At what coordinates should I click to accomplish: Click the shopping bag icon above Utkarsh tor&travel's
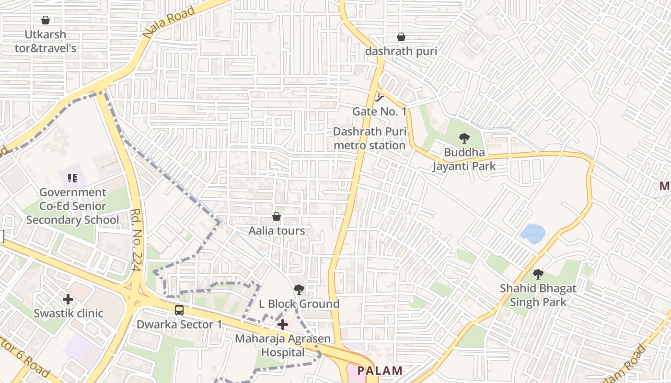pos(46,20)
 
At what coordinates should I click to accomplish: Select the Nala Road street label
pos(169,23)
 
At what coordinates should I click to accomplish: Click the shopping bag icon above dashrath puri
pos(401,37)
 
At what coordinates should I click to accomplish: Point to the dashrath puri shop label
pos(401,51)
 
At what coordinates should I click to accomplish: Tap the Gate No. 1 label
pos(379,112)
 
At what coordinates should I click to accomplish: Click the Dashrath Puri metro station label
pos(370,138)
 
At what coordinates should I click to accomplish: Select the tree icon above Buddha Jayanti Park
pos(464,139)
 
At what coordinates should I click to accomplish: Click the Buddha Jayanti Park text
pos(464,159)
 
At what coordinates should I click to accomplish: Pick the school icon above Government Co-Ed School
pos(72,179)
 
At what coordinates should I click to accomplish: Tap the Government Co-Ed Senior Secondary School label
pos(72,206)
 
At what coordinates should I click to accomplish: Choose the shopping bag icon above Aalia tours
pos(277,217)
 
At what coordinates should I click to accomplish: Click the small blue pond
pos(532,234)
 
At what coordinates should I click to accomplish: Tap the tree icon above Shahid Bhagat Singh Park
pos(538,274)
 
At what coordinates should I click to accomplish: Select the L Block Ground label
pos(299,304)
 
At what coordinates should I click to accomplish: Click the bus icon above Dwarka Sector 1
pos(179,310)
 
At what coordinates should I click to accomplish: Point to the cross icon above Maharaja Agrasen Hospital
pos(283,325)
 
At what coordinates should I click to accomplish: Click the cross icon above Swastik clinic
pos(68,300)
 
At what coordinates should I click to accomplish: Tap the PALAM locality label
pos(380,371)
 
